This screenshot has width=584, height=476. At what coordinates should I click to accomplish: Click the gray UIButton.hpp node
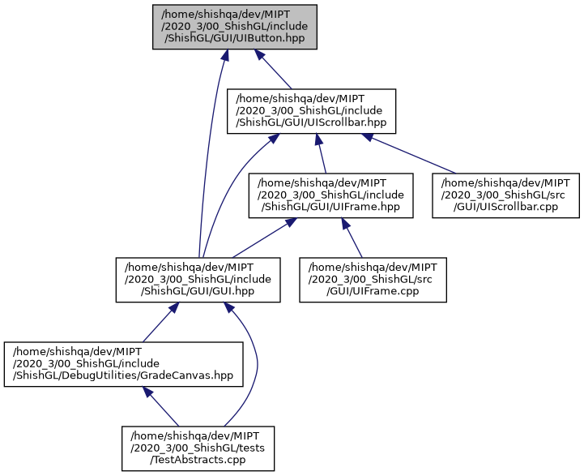234,27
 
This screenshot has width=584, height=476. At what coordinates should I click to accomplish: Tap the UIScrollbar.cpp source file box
505,195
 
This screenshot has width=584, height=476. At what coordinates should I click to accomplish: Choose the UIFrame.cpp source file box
373,280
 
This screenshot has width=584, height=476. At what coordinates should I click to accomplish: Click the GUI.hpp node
198,280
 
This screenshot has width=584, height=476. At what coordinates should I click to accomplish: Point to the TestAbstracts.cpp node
198,448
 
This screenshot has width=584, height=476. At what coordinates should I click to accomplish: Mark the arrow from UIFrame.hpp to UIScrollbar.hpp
322,153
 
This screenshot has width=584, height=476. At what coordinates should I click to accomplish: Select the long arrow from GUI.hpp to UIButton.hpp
207,154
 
